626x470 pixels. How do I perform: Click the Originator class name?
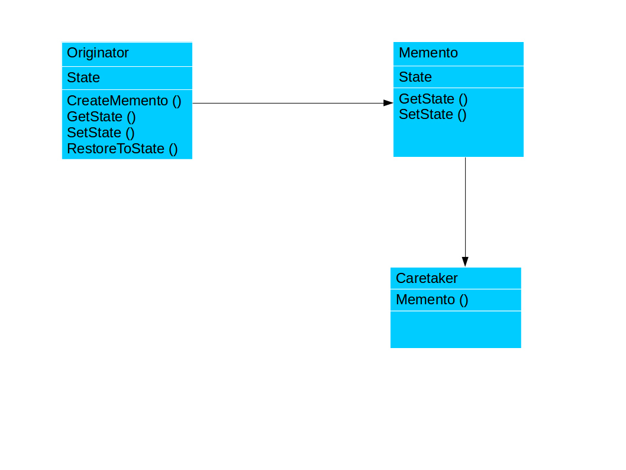click(98, 53)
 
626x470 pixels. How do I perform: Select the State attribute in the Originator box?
click(83, 78)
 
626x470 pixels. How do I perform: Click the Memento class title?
click(428, 53)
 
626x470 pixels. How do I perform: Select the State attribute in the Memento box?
click(415, 77)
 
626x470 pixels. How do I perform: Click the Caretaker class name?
click(426, 278)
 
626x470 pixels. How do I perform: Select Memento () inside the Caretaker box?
click(431, 300)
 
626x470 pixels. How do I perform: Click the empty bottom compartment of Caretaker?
click(456, 329)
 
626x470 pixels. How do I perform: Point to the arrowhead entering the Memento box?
click(388, 103)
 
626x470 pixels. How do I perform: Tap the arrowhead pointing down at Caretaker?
click(465, 262)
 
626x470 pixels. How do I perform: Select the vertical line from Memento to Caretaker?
click(465, 207)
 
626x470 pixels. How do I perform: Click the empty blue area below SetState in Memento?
click(458, 139)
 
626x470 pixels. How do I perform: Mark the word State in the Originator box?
click(83, 78)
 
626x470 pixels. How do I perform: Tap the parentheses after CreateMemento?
click(176, 101)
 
